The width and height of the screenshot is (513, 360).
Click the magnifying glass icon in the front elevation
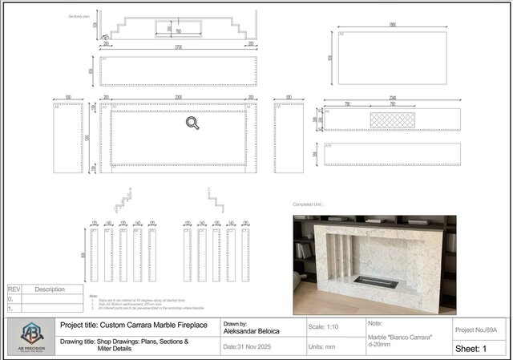tap(192, 123)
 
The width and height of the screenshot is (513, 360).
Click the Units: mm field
tap(325, 347)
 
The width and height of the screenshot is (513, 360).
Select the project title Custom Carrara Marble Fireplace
tap(134, 325)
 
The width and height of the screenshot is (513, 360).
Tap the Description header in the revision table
tap(50, 289)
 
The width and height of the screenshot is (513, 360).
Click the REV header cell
tap(14, 289)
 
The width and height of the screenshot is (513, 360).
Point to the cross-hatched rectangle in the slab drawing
tap(393, 119)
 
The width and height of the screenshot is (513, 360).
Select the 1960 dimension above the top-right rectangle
tap(392, 25)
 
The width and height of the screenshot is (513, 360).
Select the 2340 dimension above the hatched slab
tap(392, 97)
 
